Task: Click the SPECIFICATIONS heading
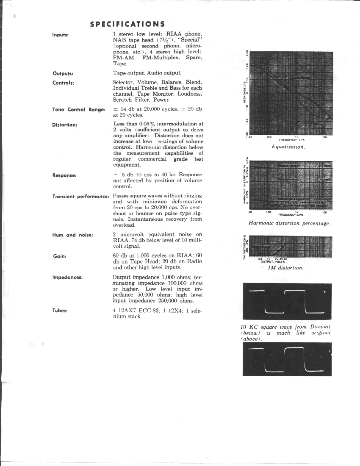pyautogui.click(x=127, y=24)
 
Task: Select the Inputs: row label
pyautogui.click(x=61, y=34)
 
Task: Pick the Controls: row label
pyautogui.click(x=64, y=83)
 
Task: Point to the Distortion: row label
pyautogui.click(x=65, y=125)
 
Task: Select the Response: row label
pyautogui.click(x=64, y=175)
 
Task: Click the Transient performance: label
pyautogui.click(x=81, y=197)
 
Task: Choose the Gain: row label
pyautogui.click(x=59, y=256)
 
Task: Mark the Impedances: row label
pyautogui.click(x=67, y=277)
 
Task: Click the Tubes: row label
pyautogui.click(x=60, y=311)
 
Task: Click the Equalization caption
pyautogui.click(x=288, y=147)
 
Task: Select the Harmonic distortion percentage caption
pyautogui.click(x=289, y=223)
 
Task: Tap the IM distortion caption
pyautogui.click(x=288, y=268)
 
